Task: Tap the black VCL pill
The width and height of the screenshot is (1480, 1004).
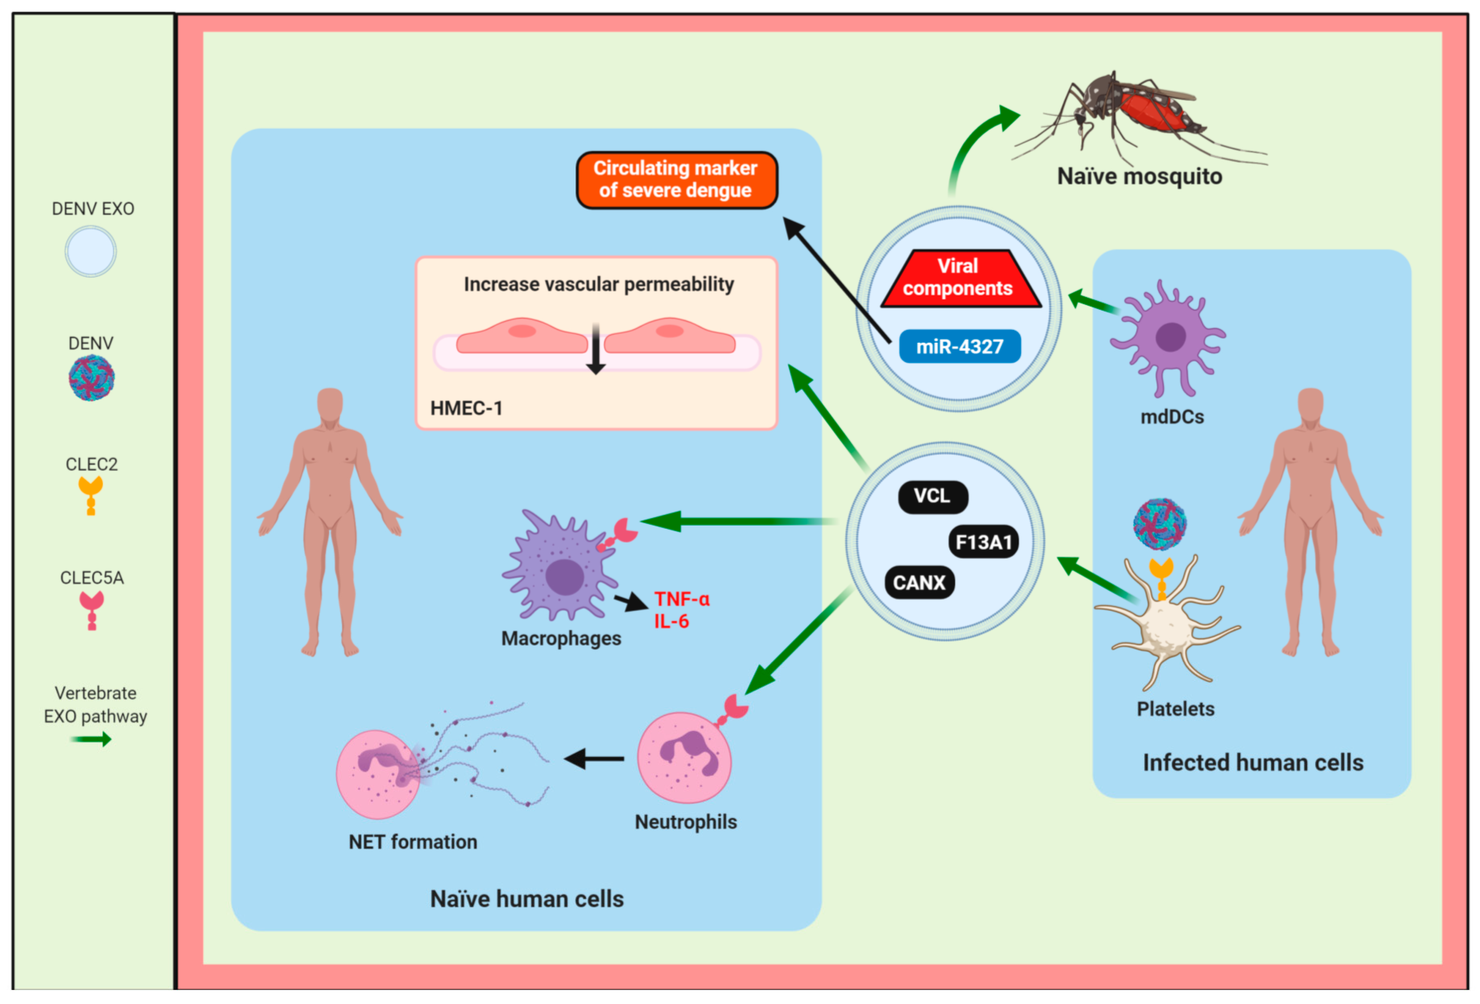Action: pyautogui.click(x=932, y=496)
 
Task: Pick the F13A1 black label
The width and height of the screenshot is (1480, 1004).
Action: pyautogui.click(x=983, y=542)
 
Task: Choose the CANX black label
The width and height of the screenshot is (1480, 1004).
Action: pyautogui.click(x=919, y=582)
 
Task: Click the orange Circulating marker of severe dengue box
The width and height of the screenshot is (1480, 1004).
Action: pyautogui.click(x=676, y=180)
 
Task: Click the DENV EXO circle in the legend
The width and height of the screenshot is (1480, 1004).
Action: pyautogui.click(x=91, y=252)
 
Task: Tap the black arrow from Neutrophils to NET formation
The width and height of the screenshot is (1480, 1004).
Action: pyautogui.click(x=594, y=759)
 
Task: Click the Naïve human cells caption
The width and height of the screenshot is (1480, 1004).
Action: pyautogui.click(x=527, y=899)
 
